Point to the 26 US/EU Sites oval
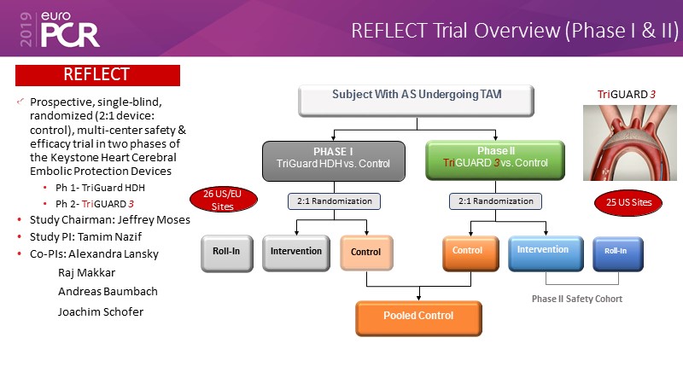click(x=217, y=200)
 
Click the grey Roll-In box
click(x=226, y=253)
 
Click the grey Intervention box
click(x=295, y=253)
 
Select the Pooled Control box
click(x=417, y=317)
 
